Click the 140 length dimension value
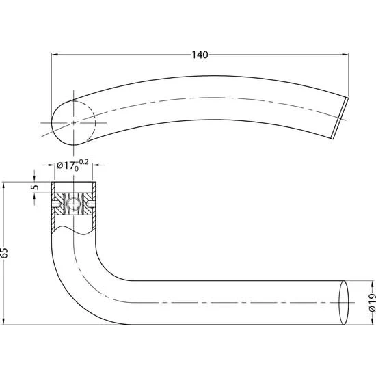coord(200,55)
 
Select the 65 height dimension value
coord(4,253)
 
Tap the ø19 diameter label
coord(372,302)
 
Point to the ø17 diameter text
coord(65,165)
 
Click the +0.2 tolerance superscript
coord(82,162)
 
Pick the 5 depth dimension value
coord(36,187)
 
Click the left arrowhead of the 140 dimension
coord(55,55)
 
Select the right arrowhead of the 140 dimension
coord(345,55)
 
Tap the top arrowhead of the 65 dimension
coord(3,185)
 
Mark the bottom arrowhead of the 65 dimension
coord(3,321)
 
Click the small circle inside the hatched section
coord(73,204)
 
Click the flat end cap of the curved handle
coord(340,118)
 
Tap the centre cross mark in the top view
coord(73,123)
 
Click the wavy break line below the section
coord(74,230)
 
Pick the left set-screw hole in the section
coord(55,204)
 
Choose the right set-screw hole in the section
coord(92,204)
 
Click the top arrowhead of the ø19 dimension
coord(373,284)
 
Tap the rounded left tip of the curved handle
coord(53,123)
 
